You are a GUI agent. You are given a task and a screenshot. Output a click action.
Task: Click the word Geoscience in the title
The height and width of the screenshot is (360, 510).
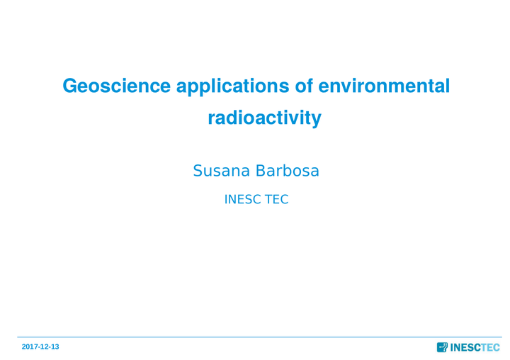click(116, 86)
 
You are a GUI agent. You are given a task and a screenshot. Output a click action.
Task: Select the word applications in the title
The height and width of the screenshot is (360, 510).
click(232, 87)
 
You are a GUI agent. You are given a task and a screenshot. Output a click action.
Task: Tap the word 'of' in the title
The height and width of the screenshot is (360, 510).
click(304, 86)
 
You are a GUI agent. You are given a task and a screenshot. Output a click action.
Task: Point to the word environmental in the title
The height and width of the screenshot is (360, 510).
click(384, 86)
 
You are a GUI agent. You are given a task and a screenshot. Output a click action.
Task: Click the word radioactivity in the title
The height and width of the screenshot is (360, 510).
click(264, 118)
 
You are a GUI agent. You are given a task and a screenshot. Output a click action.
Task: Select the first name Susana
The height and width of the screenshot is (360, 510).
click(222, 171)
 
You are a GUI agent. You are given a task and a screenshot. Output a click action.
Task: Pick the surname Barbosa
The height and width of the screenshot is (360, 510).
click(287, 171)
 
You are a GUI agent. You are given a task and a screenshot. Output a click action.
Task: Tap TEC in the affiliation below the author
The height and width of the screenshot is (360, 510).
click(276, 199)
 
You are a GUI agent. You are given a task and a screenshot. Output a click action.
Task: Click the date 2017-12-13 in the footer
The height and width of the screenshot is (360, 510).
click(40, 347)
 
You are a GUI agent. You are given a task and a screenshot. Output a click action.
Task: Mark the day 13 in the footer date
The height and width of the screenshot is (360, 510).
click(55, 347)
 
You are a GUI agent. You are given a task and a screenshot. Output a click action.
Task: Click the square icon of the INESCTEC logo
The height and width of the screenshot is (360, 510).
click(442, 347)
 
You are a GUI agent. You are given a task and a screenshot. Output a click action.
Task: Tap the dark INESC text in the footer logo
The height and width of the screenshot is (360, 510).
click(465, 348)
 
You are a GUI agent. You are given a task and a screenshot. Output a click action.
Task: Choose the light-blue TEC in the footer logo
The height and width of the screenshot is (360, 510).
click(490, 348)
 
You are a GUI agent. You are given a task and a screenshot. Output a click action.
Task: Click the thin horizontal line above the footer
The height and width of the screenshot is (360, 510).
click(259, 337)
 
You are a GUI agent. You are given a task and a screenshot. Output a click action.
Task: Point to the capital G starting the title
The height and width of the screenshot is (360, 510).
click(69, 86)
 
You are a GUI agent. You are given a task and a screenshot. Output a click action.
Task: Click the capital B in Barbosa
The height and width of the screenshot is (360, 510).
click(260, 171)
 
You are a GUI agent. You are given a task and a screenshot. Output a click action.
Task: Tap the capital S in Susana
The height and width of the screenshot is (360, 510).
click(198, 171)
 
